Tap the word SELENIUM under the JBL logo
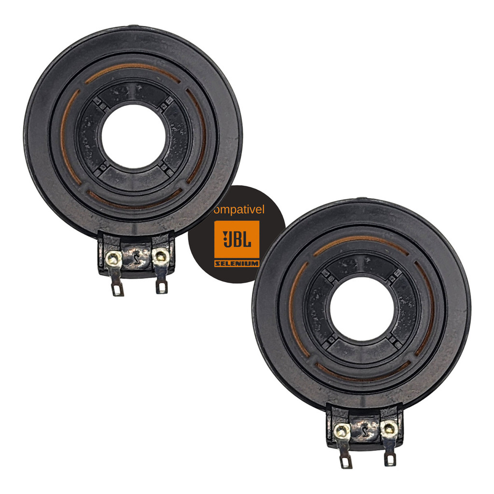236,264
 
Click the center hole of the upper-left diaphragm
133,137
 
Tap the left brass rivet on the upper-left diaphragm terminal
113,259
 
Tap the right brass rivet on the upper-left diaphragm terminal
160,257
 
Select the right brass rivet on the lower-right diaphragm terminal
388,428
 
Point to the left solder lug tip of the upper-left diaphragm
118,290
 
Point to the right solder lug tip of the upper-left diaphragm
162,288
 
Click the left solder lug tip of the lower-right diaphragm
346,463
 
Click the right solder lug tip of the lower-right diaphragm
390,460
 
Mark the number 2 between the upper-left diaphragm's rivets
137,259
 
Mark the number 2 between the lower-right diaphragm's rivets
365,431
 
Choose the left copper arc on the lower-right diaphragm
293,309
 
